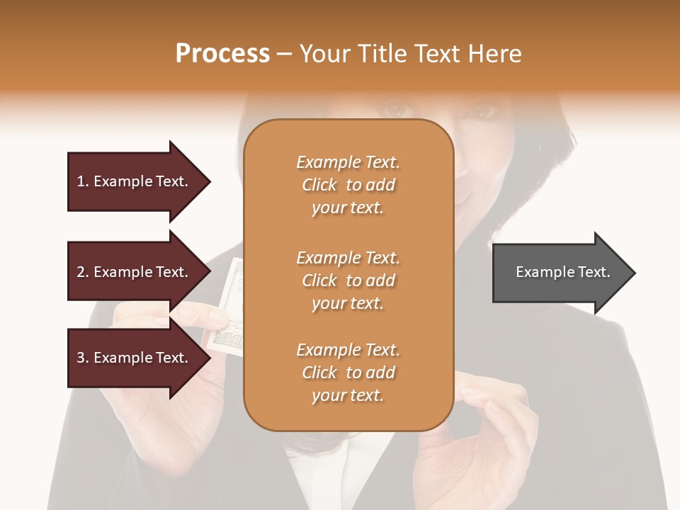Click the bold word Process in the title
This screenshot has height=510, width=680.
pos(222,54)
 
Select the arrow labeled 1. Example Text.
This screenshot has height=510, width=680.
pos(135,182)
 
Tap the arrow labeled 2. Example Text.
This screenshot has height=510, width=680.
pos(135,272)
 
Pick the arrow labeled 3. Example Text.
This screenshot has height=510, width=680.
pos(135,358)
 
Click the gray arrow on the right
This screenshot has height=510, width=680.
pos(560,273)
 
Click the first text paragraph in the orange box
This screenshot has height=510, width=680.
pos(348,185)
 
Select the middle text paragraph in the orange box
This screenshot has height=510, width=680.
pos(348,280)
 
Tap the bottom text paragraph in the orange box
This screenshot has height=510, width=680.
pos(348,373)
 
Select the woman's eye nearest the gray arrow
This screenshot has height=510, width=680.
pos(484,111)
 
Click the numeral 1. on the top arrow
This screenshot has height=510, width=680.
pos(82,182)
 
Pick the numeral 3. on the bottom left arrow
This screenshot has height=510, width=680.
pos(83,358)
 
